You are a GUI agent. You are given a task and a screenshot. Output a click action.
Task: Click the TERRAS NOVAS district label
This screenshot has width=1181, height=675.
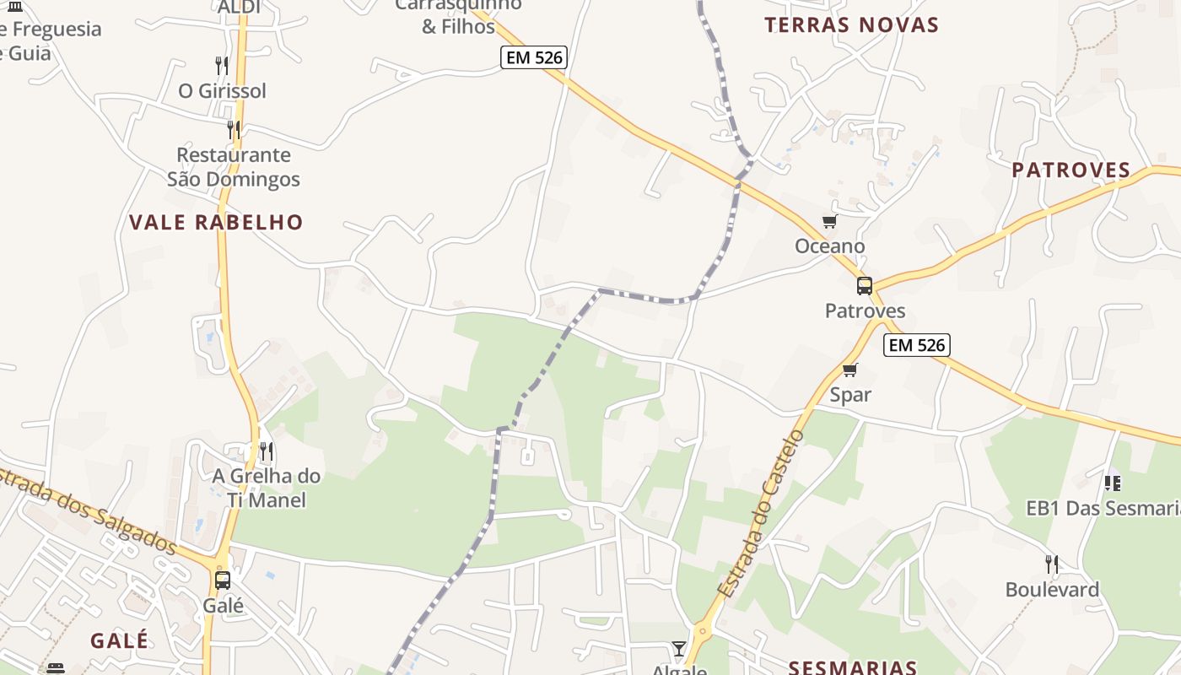coord(851,25)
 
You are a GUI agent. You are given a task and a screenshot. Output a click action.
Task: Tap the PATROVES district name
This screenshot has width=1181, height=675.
coord(1070,170)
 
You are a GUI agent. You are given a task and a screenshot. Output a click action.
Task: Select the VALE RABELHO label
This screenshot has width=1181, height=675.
coord(216,223)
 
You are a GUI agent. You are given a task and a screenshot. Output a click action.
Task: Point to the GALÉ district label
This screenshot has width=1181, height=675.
coord(120,640)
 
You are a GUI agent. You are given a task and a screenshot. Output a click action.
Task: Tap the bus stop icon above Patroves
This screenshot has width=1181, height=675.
coord(865,286)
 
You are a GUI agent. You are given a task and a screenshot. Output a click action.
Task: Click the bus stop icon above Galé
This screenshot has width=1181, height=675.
coord(223,580)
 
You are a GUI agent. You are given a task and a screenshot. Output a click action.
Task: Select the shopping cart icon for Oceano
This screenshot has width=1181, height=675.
coord(830,222)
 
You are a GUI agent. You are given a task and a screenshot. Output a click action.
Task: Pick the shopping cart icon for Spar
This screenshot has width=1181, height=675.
coord(850,370)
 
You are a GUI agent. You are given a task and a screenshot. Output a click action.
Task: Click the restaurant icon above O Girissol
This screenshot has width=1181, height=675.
coord(222,66)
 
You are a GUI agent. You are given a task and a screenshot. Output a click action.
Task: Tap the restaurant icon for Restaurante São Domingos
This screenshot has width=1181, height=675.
coord(234,130)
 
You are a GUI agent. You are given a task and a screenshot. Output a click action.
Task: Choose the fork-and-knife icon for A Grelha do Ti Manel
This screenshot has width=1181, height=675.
coord(267,451)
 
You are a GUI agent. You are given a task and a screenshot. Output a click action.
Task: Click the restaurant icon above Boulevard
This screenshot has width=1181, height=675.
coord(1052,564)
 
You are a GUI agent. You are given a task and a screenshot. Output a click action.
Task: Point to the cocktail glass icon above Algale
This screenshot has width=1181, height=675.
coord(679,648)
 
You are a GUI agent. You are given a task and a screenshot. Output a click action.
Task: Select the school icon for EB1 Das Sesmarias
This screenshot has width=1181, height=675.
coord(1113,483)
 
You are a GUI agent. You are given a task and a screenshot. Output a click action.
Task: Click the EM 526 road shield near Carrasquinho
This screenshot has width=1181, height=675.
coord(533,57)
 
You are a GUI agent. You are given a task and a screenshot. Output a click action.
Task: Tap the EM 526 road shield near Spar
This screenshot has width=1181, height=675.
coord(917,345)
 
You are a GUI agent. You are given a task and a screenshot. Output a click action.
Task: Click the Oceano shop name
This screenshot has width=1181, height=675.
coord(830,246)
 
